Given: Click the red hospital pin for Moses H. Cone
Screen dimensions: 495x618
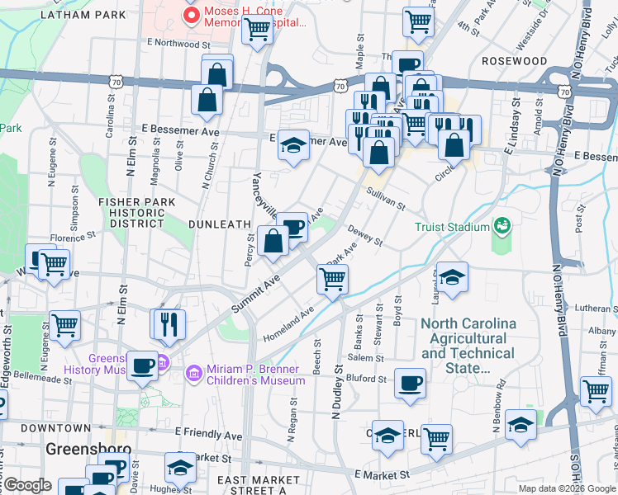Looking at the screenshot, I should (193, 16).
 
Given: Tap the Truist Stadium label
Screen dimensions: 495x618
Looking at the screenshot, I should (453, 226).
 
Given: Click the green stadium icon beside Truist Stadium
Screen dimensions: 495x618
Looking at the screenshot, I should (502, 225).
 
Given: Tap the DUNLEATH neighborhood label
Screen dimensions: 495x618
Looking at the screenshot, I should (219, 224).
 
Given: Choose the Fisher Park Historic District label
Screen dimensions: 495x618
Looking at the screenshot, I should (131, 212).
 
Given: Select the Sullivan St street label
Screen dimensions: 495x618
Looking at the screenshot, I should (386, 198).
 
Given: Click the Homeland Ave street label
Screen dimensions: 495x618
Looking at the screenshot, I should (288, 326).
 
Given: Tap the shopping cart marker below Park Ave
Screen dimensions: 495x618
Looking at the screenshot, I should (332, 279).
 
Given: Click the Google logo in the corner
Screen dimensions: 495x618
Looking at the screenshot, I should (26, 485).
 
